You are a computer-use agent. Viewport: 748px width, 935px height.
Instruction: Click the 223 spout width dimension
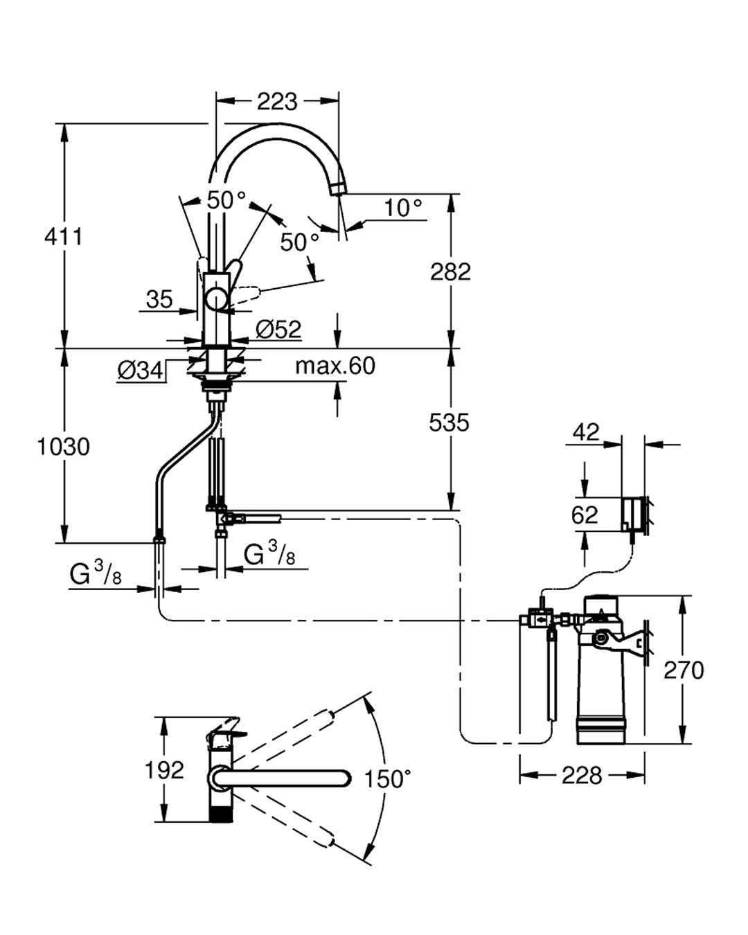click(x=277, y=102)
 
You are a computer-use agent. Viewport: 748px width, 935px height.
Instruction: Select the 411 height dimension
click(x=64, y=236)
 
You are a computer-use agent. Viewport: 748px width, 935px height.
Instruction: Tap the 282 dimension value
click(x=450, y=271)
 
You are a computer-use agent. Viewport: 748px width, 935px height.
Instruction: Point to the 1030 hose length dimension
click(x=64, y=447)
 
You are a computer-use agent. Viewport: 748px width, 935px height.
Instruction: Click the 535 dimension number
click(x=449, y=422)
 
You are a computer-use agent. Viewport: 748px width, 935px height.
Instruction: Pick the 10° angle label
click(x=403, y=207)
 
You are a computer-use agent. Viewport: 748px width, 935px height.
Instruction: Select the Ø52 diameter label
click(x=278, y=330)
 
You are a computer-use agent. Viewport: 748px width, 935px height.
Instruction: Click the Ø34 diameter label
click(x=141, y=371)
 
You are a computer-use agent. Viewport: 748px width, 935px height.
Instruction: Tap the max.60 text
click(x=335, y=366)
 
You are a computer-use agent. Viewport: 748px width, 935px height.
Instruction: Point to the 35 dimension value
click(x=159, y=299)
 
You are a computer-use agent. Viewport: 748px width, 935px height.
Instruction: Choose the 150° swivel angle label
click(x=388, y=779)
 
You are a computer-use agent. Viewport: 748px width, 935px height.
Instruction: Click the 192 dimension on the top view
click(x=164, y=769)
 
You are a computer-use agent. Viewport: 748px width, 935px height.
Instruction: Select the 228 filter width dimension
click(x=581, y=775)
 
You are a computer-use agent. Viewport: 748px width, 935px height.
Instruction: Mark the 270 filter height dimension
click(x=684, y=670)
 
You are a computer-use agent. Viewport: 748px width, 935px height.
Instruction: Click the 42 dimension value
click(x=586, y=432)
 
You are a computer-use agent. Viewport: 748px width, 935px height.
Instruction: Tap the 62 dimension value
click(x=585, y=515)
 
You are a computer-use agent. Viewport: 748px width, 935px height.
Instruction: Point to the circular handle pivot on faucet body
click(x=217, y=299)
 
